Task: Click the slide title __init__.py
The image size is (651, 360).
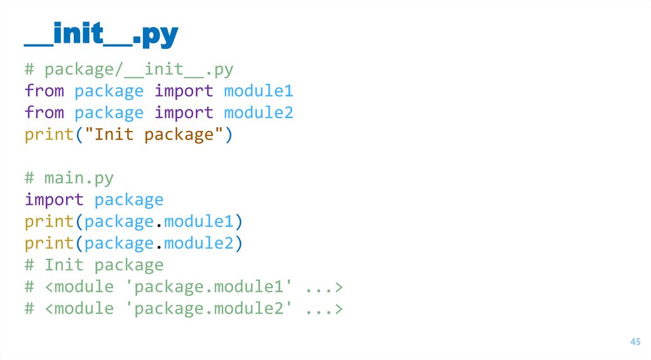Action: [101, 36]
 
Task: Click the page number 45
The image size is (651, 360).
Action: [634, 342]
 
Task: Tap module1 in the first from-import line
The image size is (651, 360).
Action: [259, 91]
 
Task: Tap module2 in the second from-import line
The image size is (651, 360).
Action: [259, 113]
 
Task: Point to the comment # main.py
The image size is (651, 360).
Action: [69, 178]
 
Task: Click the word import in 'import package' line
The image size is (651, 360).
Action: [54, 200]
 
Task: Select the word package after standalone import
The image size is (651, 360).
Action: [129, 200]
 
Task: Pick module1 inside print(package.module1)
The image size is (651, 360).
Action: [198, 222]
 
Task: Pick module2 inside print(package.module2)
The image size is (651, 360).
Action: [198, 244]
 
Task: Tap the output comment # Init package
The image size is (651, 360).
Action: [94, 265]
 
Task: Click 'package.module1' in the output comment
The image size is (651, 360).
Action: [209, 287]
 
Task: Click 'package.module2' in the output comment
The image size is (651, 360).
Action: [209, 308]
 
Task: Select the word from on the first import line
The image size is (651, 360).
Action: [44, 91]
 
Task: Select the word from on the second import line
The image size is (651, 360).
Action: [44, 113]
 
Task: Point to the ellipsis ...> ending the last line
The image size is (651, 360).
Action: [324, 309]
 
